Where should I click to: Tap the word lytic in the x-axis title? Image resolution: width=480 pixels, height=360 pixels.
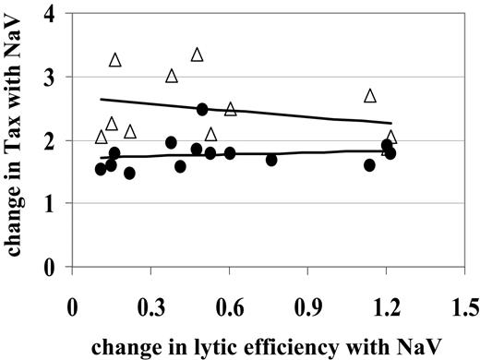[x=190, y=342]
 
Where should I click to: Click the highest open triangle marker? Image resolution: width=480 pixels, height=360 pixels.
[x=197, y=55]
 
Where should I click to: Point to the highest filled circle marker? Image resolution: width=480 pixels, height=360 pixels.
[x=202, y=109]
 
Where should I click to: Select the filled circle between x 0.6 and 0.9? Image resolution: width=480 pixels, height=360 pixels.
[x=271, y=160]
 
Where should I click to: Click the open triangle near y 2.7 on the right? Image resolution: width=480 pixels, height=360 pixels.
[x=370, y=96]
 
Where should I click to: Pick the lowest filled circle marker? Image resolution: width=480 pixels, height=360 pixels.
[x=129, y=173]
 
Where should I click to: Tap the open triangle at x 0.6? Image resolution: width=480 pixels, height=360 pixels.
[x=231, y=109]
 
